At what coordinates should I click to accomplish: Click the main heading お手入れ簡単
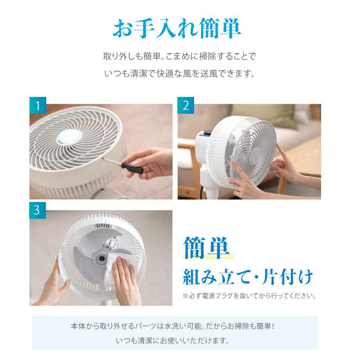coord(176,28)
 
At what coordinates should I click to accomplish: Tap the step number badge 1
coord(38,105)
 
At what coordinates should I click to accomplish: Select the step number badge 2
coord(186,105)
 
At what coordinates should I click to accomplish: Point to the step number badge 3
coord(38,210)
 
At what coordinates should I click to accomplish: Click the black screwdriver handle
coord(132,168)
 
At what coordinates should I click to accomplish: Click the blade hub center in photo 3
coord(100,258)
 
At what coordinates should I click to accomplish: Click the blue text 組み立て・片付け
coord(248,277)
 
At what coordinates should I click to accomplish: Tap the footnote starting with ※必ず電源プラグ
coord(249,296)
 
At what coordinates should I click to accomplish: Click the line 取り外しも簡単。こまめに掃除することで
coord(180,56)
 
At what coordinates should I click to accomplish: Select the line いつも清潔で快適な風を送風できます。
coord(180,74)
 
